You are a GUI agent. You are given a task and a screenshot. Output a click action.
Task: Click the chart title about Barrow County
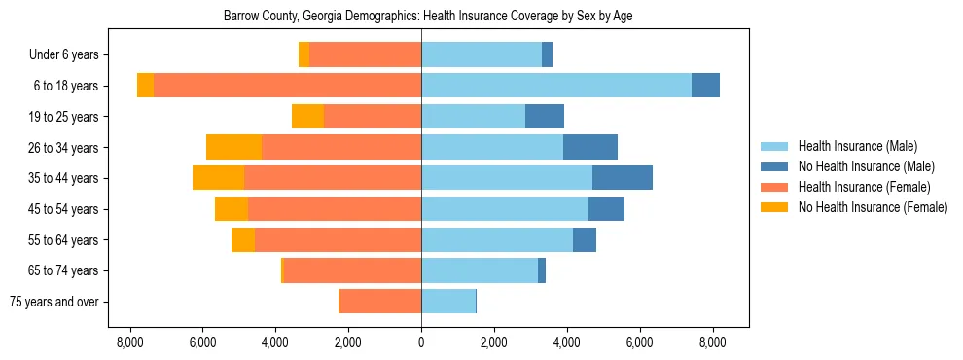click(421, 17)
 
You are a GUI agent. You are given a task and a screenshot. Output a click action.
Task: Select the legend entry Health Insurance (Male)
click(857, 146)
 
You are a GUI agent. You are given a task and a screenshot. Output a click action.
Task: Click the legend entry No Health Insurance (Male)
click(866, 166)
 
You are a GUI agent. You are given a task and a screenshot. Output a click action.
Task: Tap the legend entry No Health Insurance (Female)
click(873, 207)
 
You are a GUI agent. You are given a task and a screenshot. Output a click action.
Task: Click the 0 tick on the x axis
click(421, 342)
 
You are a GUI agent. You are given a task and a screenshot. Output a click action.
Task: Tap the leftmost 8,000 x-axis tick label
click(129, 342)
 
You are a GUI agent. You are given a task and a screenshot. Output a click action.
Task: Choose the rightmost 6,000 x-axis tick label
click(639, 342)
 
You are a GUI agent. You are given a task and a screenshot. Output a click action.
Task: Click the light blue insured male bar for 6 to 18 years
click(555, 86)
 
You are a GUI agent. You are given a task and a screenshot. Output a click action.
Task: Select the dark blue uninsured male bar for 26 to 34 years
click(590, 147)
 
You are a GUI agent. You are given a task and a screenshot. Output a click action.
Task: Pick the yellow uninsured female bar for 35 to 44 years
click(218, 178)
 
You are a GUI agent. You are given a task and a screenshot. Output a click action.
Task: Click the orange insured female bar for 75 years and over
click(380, 302)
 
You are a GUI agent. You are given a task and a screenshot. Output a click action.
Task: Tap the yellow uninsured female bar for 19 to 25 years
click(307, 117)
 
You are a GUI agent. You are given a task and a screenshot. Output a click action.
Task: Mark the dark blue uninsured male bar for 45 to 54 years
click(606, 209)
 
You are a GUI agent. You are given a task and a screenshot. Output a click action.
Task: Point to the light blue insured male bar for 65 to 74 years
click(480, 270)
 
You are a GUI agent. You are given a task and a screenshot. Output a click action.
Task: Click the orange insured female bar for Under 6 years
click(365, 55)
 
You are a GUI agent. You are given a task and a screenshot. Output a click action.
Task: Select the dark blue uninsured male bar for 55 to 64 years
click(585, 239)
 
